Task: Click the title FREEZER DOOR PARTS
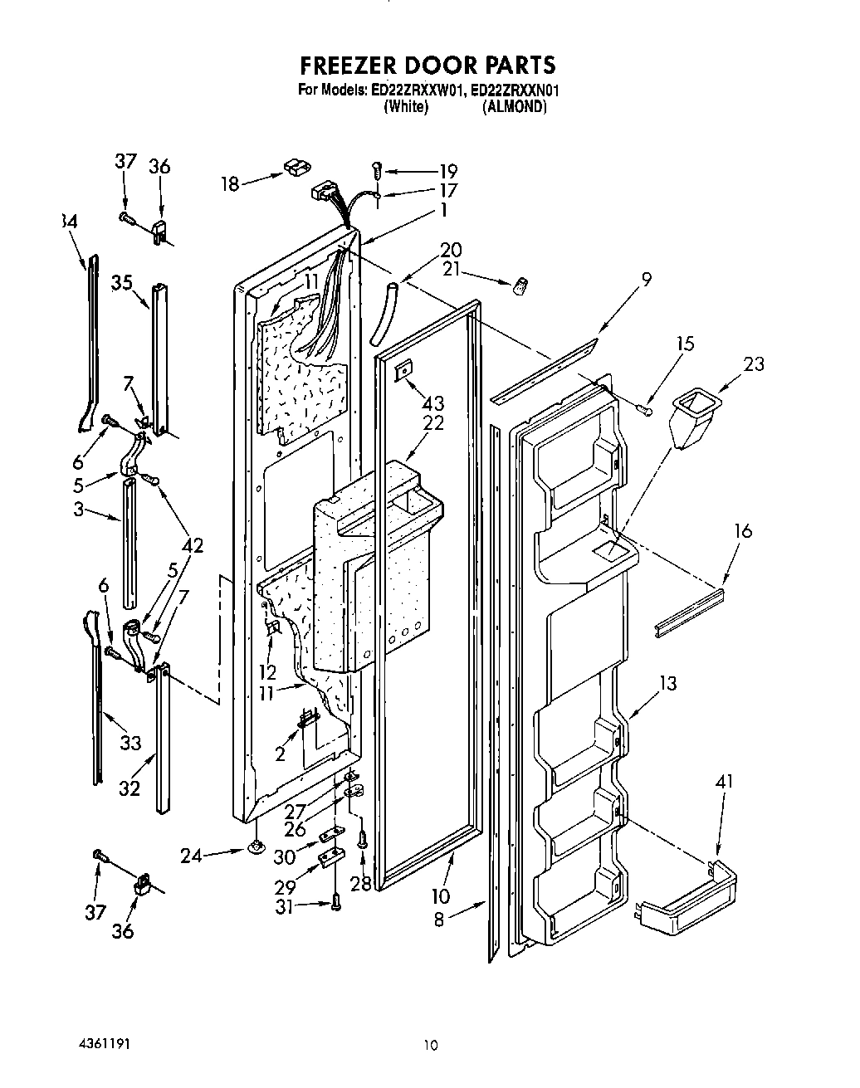pyautogui.click(x=428, y=65)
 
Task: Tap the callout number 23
pyautogui.click(x=754, y=363)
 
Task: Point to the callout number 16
pyautogui.click(x=743, y=529)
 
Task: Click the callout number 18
pyautogui.click(x=230, y=183)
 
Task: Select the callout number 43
pyautogui.click(x=433, y=404)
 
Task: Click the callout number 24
pyautogui.click(x=191, y=854)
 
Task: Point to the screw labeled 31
pyautogui.click(x=335, y=900)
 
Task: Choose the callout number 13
pyautogui.click(x=667, y=683)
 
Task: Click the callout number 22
pyautogui.click(x=433, y=423)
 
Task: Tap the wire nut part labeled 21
pyautogui.click(x=520, y=288)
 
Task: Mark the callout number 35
pyautogui.click(x=122, y=282)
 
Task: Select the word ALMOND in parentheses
pyautogui.click(x=515, y=107)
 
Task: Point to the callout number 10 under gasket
pyautogui.click(x=440, y=896)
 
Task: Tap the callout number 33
pyautogui.click(x=130, y=743)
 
